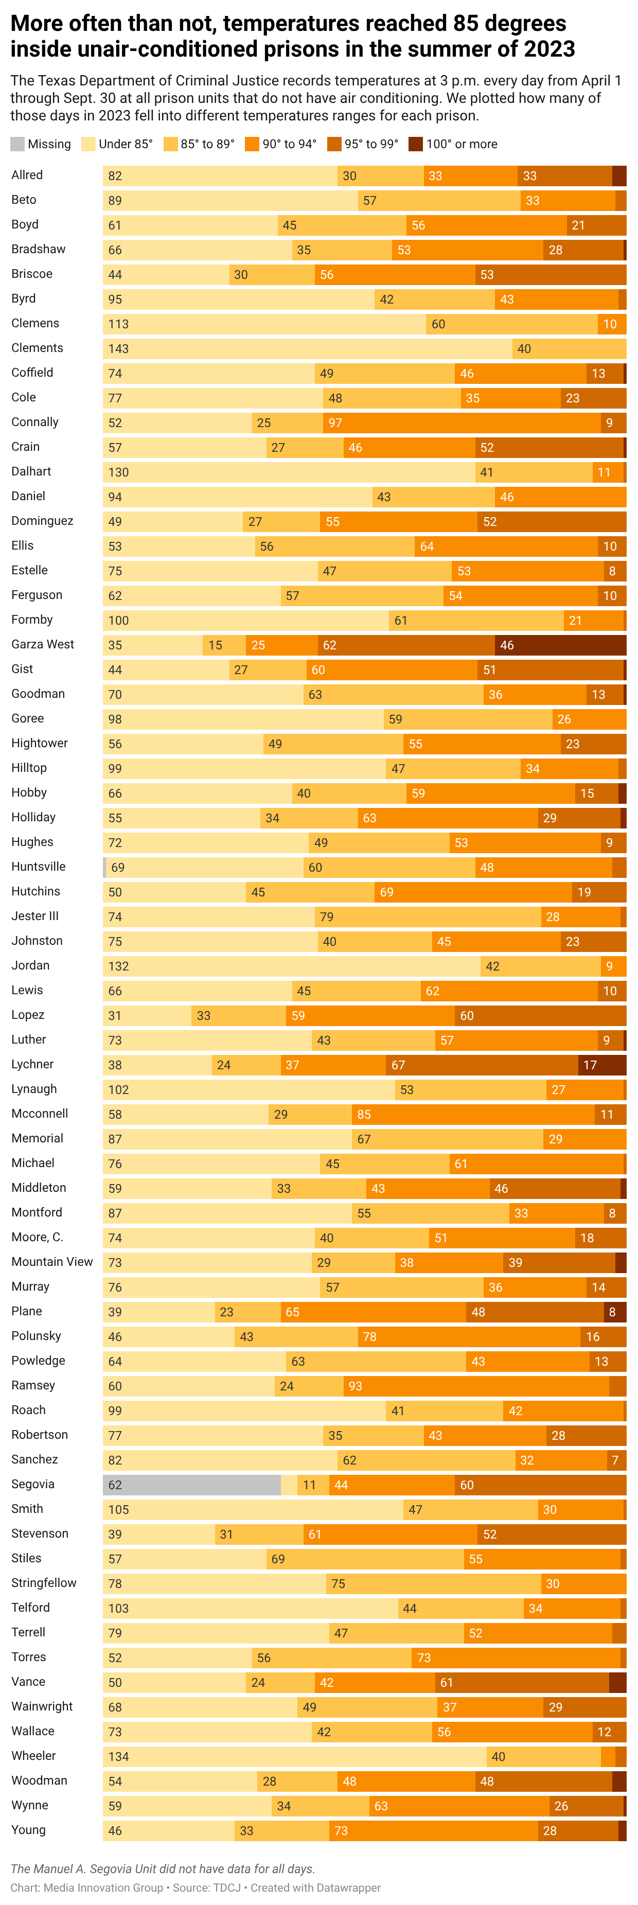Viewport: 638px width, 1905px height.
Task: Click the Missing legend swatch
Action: point(17,144)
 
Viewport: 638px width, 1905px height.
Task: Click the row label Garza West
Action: point(43,644)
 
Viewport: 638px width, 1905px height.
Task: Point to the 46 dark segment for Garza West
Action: point(560,645)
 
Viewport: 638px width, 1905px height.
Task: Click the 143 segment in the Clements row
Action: point(307,348)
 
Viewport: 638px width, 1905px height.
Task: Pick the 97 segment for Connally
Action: point(462,422)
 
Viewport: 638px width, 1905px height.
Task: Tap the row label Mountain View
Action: point(52,1262)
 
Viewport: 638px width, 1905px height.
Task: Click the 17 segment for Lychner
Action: point(601,1065)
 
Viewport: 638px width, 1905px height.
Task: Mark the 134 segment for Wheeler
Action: point(294,1756)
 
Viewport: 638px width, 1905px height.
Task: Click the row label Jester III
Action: point(35,915)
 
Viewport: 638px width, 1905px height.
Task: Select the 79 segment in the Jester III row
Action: point(427,917)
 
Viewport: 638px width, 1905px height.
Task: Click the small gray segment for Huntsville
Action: point(104,868)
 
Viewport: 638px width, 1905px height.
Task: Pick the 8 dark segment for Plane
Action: point(614,1312)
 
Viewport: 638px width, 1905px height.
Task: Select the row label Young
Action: point(28,1829)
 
